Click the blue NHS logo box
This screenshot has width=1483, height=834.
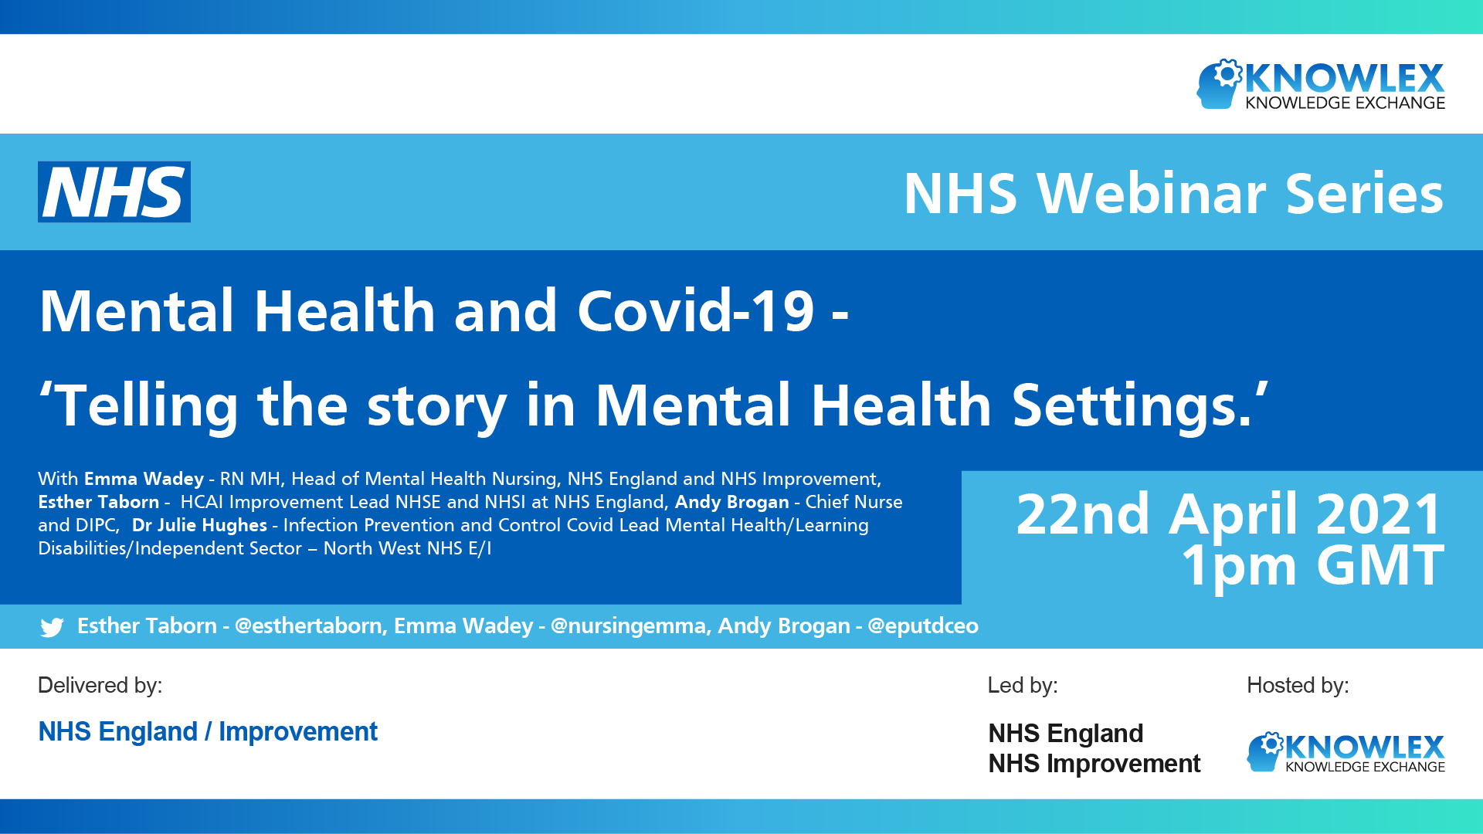(x=114, y=192)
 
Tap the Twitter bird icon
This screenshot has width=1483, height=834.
(x=52, y=627)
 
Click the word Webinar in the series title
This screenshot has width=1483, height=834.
(x=1152, y=193)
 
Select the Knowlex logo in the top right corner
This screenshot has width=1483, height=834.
(x=1321, y=84)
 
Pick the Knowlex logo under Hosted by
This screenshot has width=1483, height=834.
(x=1346, y=752)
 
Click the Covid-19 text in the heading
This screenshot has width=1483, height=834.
(x=695, y=310)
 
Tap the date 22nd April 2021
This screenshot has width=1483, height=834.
(x=1229, y=514)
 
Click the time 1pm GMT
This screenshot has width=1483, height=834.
(x=1312, y=566)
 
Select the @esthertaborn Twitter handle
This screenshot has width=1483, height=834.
(x=309, y=625)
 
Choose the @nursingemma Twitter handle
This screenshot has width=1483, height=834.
(x=629, y=625)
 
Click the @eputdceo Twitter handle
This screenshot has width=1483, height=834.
(x=923, y=625)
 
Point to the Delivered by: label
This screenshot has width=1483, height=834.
(x=100, y=685)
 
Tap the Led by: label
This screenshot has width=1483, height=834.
(x=1023, y=685)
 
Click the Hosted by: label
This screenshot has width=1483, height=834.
(x=1298, y=685)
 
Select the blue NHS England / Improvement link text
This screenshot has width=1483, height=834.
(x=208, y=731)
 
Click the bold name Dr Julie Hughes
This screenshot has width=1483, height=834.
(x=199, y=525)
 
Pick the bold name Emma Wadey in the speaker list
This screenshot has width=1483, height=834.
(x=144, y=479)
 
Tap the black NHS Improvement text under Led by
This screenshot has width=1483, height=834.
(x=1094, y=764)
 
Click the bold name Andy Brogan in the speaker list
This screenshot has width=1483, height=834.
(x=732, y=502)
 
